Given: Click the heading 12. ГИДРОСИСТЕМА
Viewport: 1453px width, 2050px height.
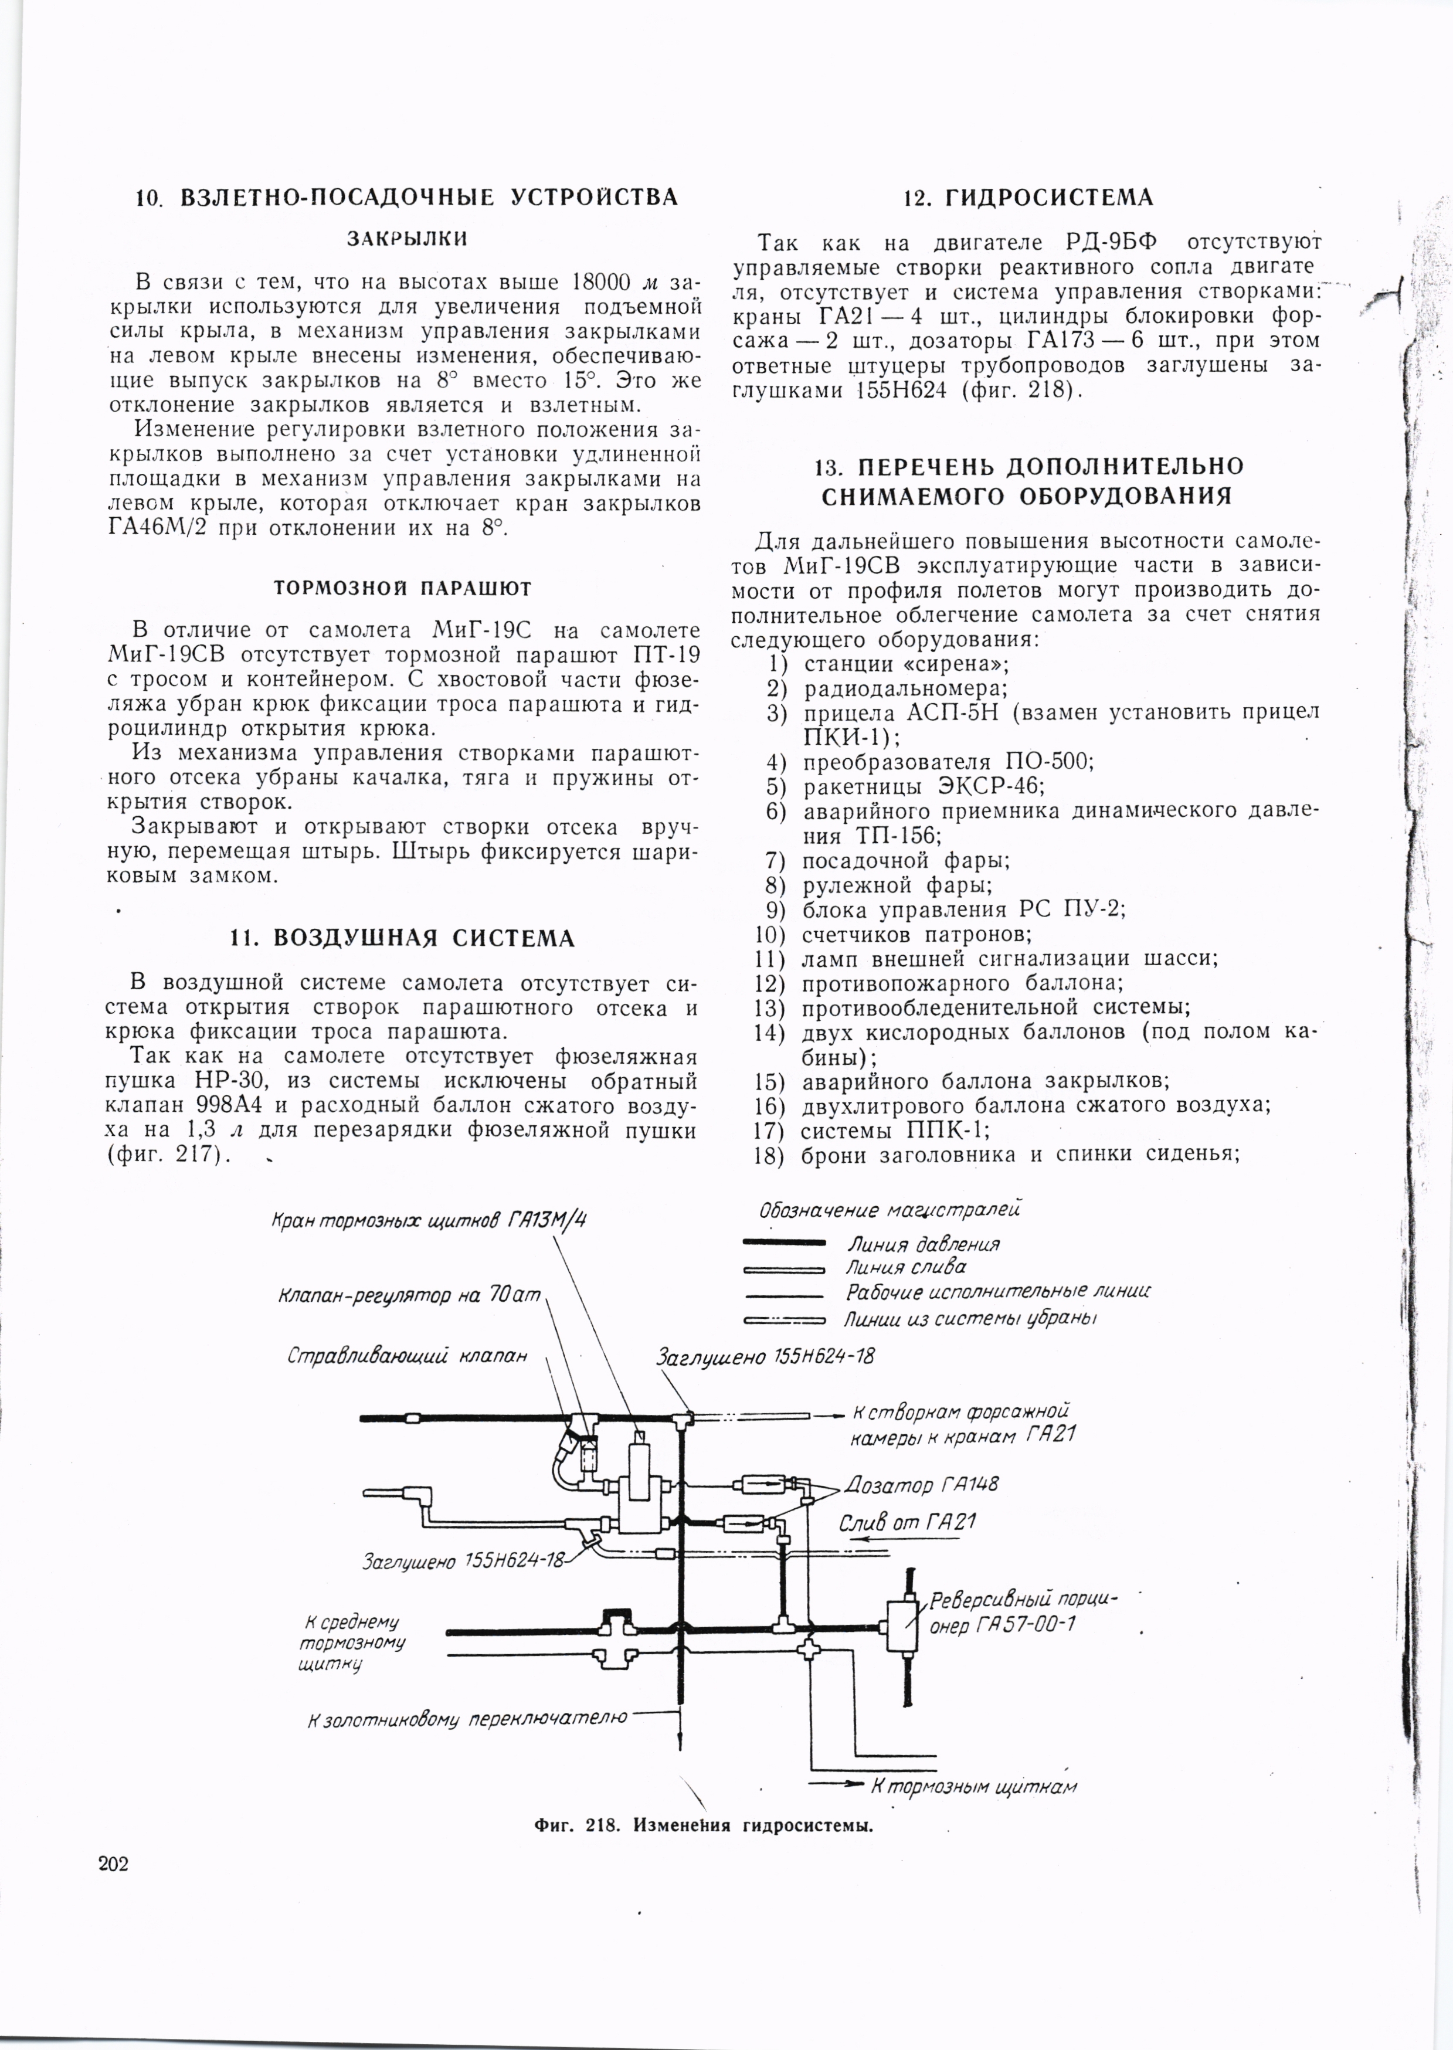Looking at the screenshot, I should pyautogui.click(x=1027, y=198).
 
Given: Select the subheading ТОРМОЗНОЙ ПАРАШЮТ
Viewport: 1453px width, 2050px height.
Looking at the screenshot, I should pyautogui.click(x=403, y=589).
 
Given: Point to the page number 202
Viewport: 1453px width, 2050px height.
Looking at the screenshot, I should pyautogui.click(x=114, y=1864).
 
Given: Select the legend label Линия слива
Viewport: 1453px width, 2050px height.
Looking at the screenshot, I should pyautogui.click(x=905, y=1267).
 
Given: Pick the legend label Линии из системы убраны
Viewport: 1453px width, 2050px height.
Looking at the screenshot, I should pyautogui.click(x=971, y=1319).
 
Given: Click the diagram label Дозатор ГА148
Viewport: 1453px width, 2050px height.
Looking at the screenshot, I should pyautogui.click(x=922, y=1485).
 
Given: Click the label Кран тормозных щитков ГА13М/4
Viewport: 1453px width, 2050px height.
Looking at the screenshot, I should pyautogui.click(x=429, y=1220).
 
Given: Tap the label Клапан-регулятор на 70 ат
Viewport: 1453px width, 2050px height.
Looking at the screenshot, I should pyautogui.click(x=410, y=1296).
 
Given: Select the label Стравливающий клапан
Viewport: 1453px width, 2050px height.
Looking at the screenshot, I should pyautogui.click(x=407, y=1356).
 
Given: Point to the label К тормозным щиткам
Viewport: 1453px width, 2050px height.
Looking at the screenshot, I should pyautogui.click(x=973, y=1787).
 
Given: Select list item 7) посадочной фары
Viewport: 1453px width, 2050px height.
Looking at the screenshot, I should pyautogui.click(x=905, y=861).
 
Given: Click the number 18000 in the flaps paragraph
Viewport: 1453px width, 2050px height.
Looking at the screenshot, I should pyautogui.click(x=600, y=282).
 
